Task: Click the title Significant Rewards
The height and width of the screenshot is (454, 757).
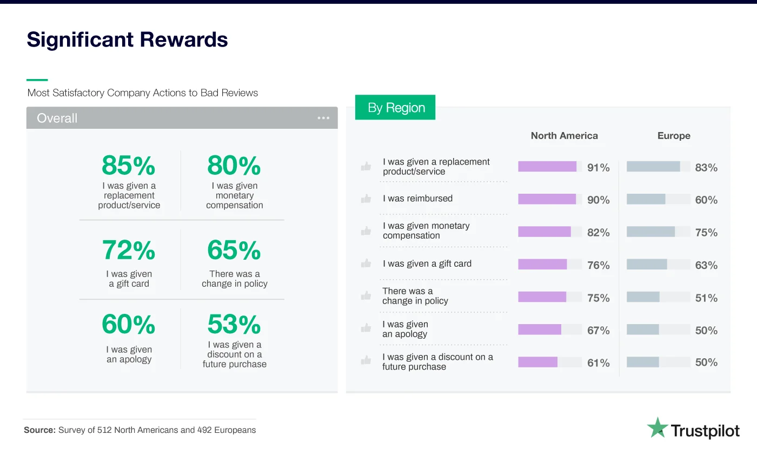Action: click(x=127, y=40)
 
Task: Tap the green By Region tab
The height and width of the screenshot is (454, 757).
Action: click(x=396, y=108)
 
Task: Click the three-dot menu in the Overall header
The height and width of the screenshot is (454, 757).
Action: click(x=323, y=118)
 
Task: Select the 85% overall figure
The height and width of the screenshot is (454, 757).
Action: click(x=129, y=166)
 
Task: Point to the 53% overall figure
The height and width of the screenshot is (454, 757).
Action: click(x=234, y=325)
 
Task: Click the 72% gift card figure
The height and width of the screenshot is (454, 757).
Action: click(x=129, y=251)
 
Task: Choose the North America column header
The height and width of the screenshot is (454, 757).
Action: click(x=564, y=136)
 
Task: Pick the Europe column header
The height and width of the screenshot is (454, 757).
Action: click(x=674, y=136)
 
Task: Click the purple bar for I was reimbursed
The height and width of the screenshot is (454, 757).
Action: click(x=547, y=199)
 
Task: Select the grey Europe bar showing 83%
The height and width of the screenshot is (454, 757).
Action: click(x=653, y=167)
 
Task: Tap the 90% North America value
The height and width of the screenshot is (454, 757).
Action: click(x=598, y=200)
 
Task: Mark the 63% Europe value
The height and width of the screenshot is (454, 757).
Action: click(x=706, y=265)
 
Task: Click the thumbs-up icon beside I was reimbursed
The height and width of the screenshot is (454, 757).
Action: click(x=366, y=199)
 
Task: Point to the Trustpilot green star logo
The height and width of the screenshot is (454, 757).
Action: click(x=657, y=427)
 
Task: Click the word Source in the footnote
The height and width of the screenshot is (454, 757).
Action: click(x=39, y=430)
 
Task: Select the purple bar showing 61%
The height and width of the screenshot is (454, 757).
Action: click(x=537, y=362)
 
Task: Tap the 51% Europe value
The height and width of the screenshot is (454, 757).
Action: click(x=706, y=298)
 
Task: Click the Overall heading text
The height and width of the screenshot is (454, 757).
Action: click(x=57, y=118)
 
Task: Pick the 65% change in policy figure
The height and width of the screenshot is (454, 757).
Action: click(x=234, y=251)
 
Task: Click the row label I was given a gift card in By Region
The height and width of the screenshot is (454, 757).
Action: click(x=427, y=264)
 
